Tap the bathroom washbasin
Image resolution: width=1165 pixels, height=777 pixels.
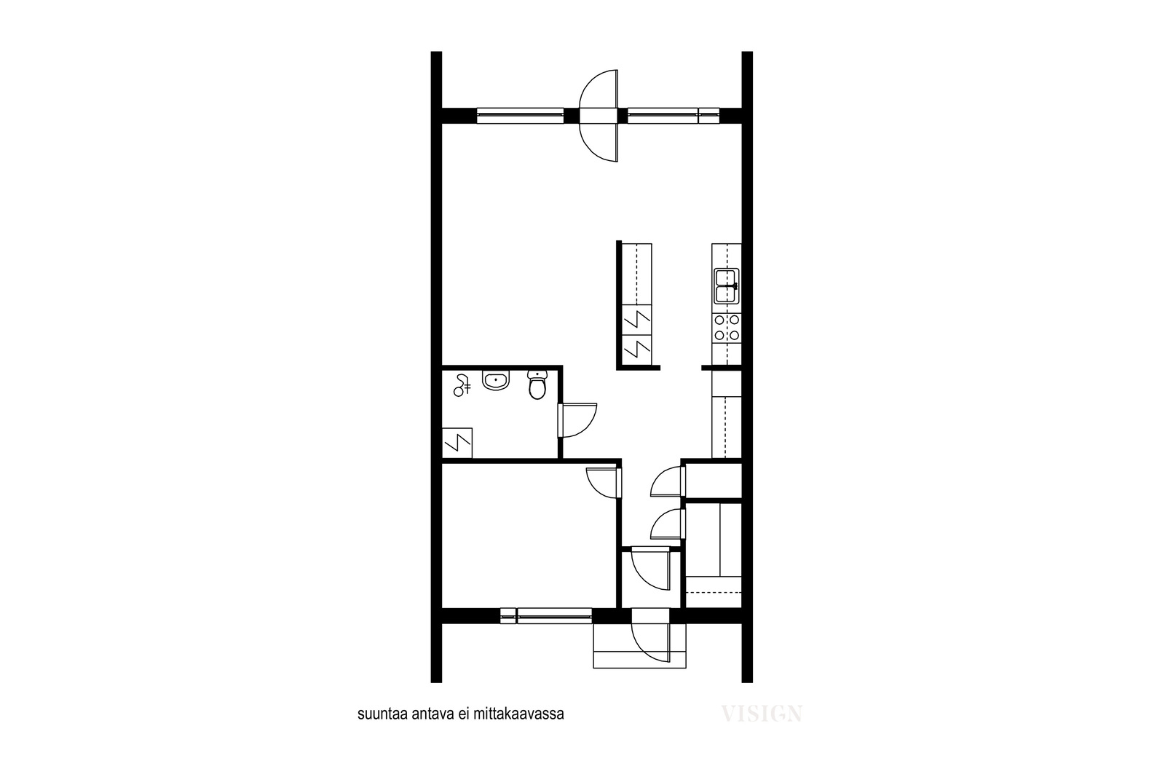pyautogui.click(x=496, y=379)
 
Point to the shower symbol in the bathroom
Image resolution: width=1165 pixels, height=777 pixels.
pyautogui.click(x=462, y=385)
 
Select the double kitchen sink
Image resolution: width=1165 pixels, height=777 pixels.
pyautogui.click(x=727, y=286)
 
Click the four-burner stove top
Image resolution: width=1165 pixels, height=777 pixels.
pyautogui.click(x=727, y=328)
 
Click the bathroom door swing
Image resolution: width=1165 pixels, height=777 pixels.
pyautogui.click(x=577, y=419)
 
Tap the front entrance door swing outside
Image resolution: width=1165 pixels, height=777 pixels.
pyautogui.click(x=649, y=642)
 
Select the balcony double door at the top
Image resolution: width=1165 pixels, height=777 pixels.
pyautogui.click(x=599, y=116)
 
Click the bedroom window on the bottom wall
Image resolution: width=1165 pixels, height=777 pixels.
pyautogui.click(x=546, y=616)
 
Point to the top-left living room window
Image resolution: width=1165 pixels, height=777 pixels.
pyautogui.click(x=520, y=116)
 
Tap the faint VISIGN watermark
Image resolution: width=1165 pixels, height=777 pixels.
pyautogui.click(x=762, y=714)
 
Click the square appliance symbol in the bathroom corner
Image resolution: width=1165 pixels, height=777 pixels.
pyautogui.click(x=457, y=443)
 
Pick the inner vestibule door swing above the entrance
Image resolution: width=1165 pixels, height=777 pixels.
pyautogui.click(x=649, y=570)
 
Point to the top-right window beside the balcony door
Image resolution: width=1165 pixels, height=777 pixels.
pyautogui.click(x=674, y=116)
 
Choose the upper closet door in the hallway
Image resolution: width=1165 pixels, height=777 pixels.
pyautogui.click(x=668, y=481)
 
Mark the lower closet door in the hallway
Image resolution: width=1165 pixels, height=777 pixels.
pyautogui.click(x=668, y=524)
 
